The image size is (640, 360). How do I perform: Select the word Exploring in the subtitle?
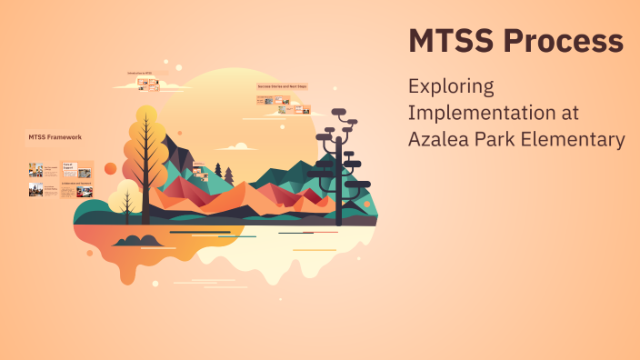tap(450, 88)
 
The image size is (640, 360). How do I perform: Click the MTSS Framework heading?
tap(55, 136)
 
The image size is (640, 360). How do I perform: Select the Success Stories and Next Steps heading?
tap(282, 86)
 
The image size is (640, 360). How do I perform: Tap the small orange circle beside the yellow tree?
tap(110, 169)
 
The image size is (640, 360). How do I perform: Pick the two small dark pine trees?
tap(223, 172)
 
